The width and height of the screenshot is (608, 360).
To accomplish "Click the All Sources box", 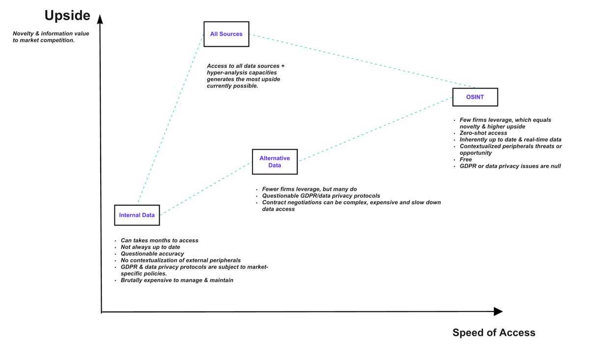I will click(226, 34).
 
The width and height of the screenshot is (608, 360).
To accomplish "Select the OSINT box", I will click(475, 97).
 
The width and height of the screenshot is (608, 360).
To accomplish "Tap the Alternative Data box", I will click(275, 162).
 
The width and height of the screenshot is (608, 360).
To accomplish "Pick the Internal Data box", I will click(137, 215).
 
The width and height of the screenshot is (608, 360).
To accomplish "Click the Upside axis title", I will click(67, 16).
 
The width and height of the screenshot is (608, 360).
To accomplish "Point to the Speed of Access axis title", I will click(494, 332).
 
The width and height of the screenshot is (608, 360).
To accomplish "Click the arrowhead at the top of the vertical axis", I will click(100, 19).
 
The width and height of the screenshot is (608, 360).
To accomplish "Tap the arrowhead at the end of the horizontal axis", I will click(498, 311).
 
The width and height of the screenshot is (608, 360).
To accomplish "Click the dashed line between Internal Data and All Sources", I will click(171, 118).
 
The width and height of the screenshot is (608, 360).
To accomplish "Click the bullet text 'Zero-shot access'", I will click(483, 133).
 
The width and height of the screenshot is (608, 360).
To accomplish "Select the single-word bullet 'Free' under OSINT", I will click(466, 160).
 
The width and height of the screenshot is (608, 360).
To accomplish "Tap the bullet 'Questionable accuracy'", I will click(152, 254).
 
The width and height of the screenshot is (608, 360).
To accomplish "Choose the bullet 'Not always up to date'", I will click(150, 247).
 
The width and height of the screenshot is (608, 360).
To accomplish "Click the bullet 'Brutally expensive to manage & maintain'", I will click(177, 280).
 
